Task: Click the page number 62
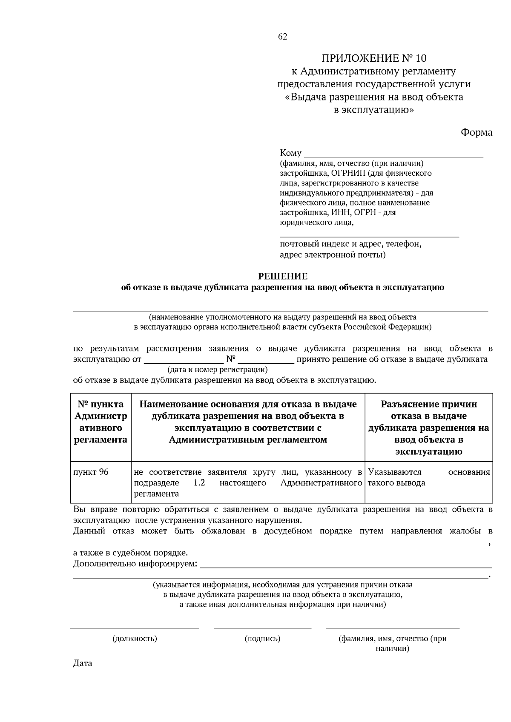click(283, 37)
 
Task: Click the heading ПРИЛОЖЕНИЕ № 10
click(373, 58)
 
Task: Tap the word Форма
click(477, 132)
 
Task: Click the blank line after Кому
click(393, 154)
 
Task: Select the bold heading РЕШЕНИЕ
click(282, 277)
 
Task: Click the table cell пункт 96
click(91, 472)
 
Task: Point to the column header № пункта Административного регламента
click(100, 422)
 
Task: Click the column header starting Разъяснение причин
click(428, 428)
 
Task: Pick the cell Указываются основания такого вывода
click(428, 477)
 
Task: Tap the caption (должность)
click(135, 639)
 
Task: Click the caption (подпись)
click(262, 639)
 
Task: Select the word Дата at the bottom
click(83, 663)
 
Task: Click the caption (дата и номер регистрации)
click(218, 369)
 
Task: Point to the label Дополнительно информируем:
click(135, 564)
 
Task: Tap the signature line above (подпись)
click(262, 628)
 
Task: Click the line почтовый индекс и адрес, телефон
click(350, 244)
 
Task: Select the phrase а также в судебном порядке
click(130, 553)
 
